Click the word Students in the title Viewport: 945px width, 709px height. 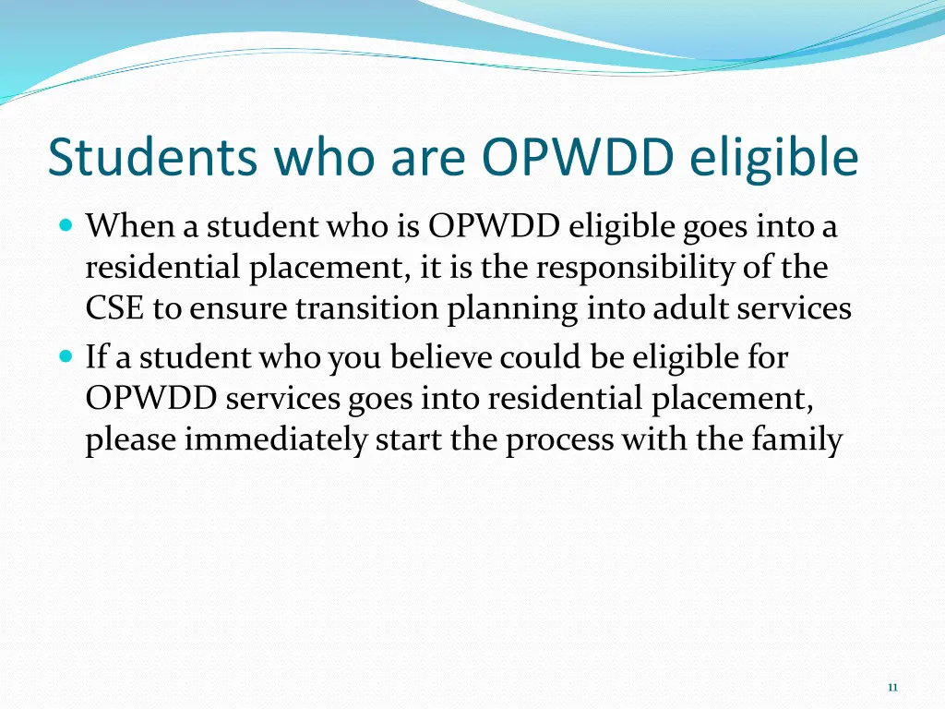click(x=152, y=157)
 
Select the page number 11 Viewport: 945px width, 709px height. click(x=891, y=687)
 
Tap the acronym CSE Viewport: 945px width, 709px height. click(x=115, y=309)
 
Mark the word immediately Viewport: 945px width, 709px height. click(x=275, y=441)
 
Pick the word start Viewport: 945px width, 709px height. click(x=409, y=440)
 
